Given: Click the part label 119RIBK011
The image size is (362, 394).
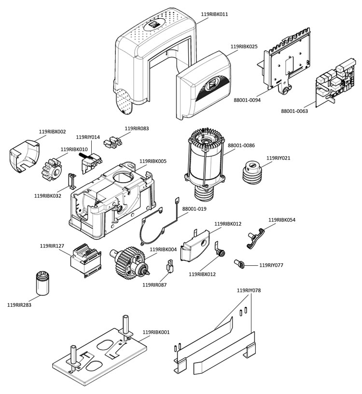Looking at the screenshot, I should pos(214,14).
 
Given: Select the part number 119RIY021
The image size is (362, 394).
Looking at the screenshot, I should pos(279,158).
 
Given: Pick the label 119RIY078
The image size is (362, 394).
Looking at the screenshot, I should pos(250,291).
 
